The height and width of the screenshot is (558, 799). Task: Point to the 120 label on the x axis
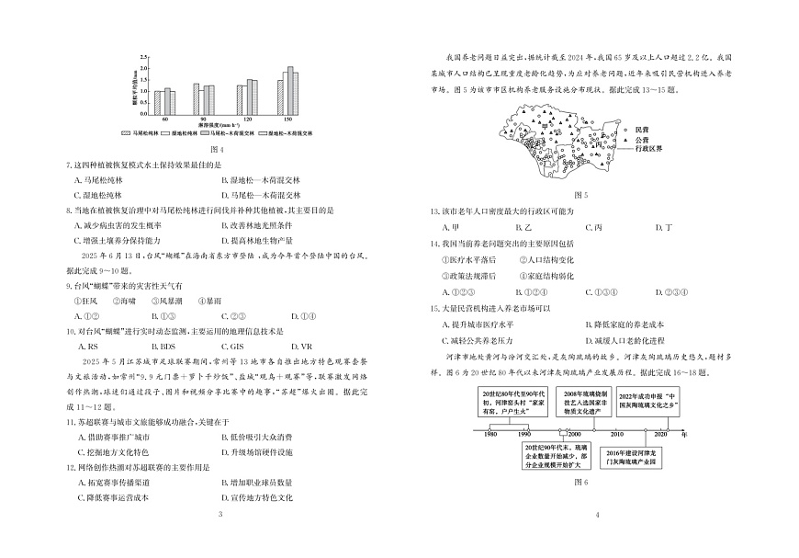point(246,120)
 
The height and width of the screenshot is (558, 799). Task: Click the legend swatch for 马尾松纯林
point(127,134)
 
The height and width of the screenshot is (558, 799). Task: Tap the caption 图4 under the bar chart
point(217,149)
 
